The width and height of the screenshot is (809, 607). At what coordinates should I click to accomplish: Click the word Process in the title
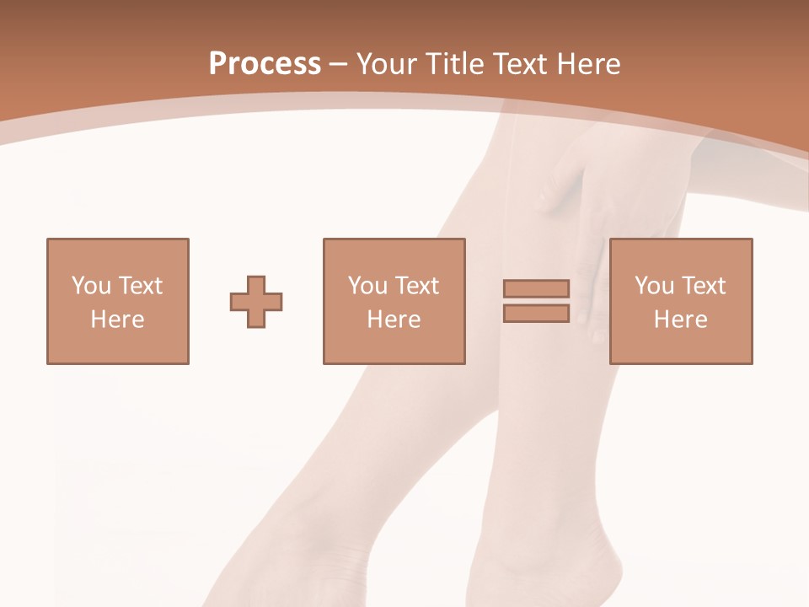tap(265, 64)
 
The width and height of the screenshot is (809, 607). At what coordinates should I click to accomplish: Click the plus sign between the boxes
tap(256, 301)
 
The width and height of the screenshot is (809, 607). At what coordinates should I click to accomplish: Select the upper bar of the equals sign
tap(536, 288)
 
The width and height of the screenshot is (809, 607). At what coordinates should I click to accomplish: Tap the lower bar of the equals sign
tap(536, 313)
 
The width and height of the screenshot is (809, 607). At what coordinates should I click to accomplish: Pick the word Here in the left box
tap(118, 320)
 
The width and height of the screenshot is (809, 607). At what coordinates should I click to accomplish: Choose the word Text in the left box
tap(140, 286)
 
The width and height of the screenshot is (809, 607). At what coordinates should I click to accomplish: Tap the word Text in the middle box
tap(416, 286)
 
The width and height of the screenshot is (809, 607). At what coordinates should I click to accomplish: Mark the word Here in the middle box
tap(394, 320)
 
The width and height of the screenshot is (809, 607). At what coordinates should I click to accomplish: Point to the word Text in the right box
tap(703, 286)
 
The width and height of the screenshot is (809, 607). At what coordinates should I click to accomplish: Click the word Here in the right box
tap(681, 320)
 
